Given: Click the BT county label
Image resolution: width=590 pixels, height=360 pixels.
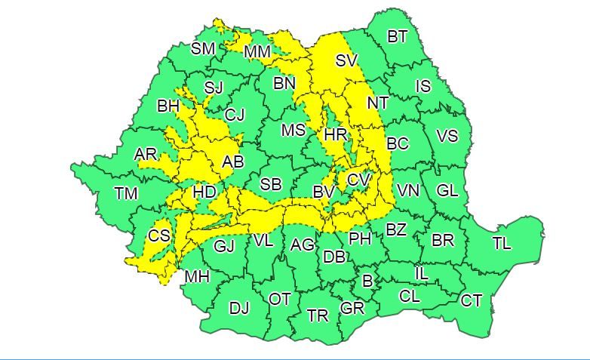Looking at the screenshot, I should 397,37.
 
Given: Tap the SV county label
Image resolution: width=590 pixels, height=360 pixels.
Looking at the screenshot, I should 346,60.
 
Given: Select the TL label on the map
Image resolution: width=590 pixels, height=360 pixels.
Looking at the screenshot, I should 502,243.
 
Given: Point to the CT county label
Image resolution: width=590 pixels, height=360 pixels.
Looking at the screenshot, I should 471,301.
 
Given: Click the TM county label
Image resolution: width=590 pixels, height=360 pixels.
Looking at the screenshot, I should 126,194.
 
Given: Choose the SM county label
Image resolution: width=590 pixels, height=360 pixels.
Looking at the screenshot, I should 202,49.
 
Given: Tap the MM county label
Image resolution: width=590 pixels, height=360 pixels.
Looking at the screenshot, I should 258,52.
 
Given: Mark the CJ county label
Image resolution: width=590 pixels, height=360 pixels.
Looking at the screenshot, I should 235,115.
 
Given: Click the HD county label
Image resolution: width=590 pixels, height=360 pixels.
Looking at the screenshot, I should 204,192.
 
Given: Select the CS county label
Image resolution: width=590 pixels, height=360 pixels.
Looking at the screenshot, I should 159,236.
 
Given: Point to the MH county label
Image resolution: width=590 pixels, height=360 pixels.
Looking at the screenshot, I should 197,277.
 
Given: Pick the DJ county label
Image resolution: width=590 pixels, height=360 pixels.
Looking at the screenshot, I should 238,308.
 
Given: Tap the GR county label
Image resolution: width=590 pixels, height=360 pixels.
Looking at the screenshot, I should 352,308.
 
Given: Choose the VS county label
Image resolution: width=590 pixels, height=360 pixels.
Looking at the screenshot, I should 447,137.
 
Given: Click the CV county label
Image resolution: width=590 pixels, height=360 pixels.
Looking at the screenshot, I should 358,181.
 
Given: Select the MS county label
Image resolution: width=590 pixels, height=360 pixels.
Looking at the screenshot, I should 293,131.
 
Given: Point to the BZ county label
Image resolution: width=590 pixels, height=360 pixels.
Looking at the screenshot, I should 396,229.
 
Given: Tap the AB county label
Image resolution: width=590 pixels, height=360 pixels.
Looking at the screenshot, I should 232,162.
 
